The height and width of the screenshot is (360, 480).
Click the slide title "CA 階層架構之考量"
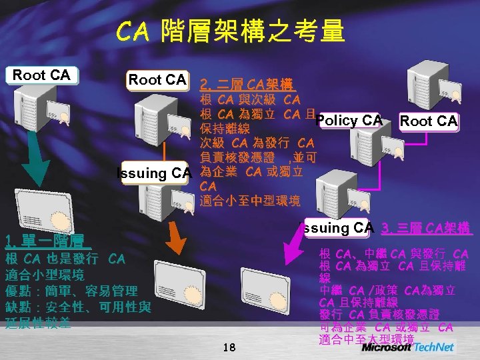tap(230, 31)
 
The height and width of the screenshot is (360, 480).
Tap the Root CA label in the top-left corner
tap(41, 75)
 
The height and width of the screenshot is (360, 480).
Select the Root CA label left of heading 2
tap(157, 80)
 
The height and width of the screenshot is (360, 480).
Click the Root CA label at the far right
tap(428, 121)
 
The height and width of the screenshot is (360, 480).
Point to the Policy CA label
tap(349, 120)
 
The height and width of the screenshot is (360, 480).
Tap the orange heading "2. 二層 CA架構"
tap(244, 84)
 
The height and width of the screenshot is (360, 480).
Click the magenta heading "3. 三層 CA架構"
tap(427, 229)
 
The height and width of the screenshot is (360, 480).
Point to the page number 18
tap(229, 347)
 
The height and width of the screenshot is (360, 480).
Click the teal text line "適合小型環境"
tap(45, 274)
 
